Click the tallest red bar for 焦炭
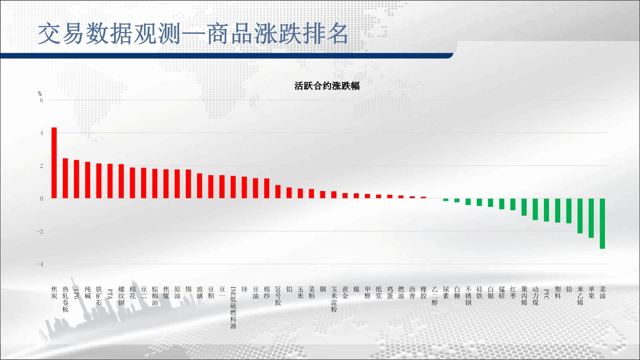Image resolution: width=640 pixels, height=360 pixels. (54, 163)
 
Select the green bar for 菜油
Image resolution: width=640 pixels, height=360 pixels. (602, 223)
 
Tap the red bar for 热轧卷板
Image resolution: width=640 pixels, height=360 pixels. (65, 178)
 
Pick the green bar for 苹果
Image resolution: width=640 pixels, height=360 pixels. (591, 218)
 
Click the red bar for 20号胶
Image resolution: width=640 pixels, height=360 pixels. (278, 192)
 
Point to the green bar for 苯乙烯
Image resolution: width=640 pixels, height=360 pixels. (580, 216)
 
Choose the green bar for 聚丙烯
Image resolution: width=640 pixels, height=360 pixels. (524, 207)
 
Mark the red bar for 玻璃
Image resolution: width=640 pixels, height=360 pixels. (199, 186)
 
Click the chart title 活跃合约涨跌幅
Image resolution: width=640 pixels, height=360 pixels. (327, 86)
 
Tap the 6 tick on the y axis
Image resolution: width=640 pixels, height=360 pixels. (42, 100)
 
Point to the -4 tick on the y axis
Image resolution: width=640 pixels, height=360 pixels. (40, 264)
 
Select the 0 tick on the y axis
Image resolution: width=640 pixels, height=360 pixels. (42, 199)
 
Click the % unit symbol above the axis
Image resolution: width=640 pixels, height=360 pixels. (40, 94)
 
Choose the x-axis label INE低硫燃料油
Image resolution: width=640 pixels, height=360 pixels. (233, 307)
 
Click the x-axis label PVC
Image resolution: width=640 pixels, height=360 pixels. (546, 294)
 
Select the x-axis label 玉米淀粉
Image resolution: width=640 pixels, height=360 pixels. (334, 299)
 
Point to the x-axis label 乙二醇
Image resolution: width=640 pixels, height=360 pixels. (435, 296)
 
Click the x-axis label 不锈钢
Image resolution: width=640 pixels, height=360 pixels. (468, 296)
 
